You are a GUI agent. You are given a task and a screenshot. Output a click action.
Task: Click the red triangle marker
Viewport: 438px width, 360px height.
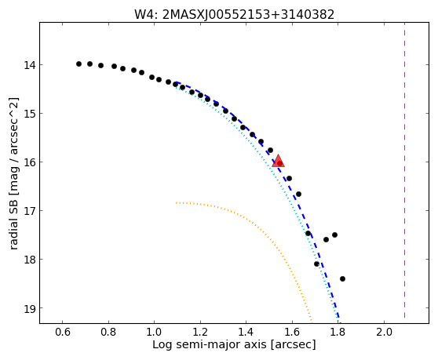[278, 161]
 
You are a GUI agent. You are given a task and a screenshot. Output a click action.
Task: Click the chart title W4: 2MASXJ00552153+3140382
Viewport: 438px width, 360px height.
[235, 15]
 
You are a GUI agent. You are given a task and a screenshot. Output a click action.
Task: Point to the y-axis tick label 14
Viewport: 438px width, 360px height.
[30, 65]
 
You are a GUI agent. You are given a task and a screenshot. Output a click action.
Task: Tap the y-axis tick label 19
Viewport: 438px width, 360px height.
[30, 308]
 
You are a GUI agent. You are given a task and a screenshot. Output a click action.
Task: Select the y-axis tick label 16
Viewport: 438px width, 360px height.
[30, 162]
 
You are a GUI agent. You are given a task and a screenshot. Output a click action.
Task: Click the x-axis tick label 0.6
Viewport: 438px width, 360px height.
[62, 332]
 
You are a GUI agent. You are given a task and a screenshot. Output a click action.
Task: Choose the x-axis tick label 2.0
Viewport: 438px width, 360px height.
[384, 332]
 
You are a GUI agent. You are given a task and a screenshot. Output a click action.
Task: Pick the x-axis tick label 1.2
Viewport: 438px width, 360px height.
[200, 332]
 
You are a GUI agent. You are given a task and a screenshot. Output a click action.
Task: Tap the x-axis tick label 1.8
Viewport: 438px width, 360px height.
[338, 332]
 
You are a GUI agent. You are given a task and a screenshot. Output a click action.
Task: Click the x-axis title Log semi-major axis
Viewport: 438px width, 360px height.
[210, 344]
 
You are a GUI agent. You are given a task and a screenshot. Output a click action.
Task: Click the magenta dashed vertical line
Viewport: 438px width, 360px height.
[404, 170]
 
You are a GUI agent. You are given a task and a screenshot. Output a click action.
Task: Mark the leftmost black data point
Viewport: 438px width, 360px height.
[78, 64]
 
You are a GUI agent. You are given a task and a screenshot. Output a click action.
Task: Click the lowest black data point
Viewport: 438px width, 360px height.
[342, 278]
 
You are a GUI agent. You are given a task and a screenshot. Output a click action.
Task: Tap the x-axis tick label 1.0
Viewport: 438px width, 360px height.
[154, 332]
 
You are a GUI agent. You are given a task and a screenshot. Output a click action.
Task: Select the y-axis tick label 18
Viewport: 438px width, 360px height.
[30, 260]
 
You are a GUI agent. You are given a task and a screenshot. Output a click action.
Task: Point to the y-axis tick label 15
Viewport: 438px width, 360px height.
[30, 114]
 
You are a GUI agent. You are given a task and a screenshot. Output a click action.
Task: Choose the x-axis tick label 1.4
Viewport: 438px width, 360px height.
[246, 332]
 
